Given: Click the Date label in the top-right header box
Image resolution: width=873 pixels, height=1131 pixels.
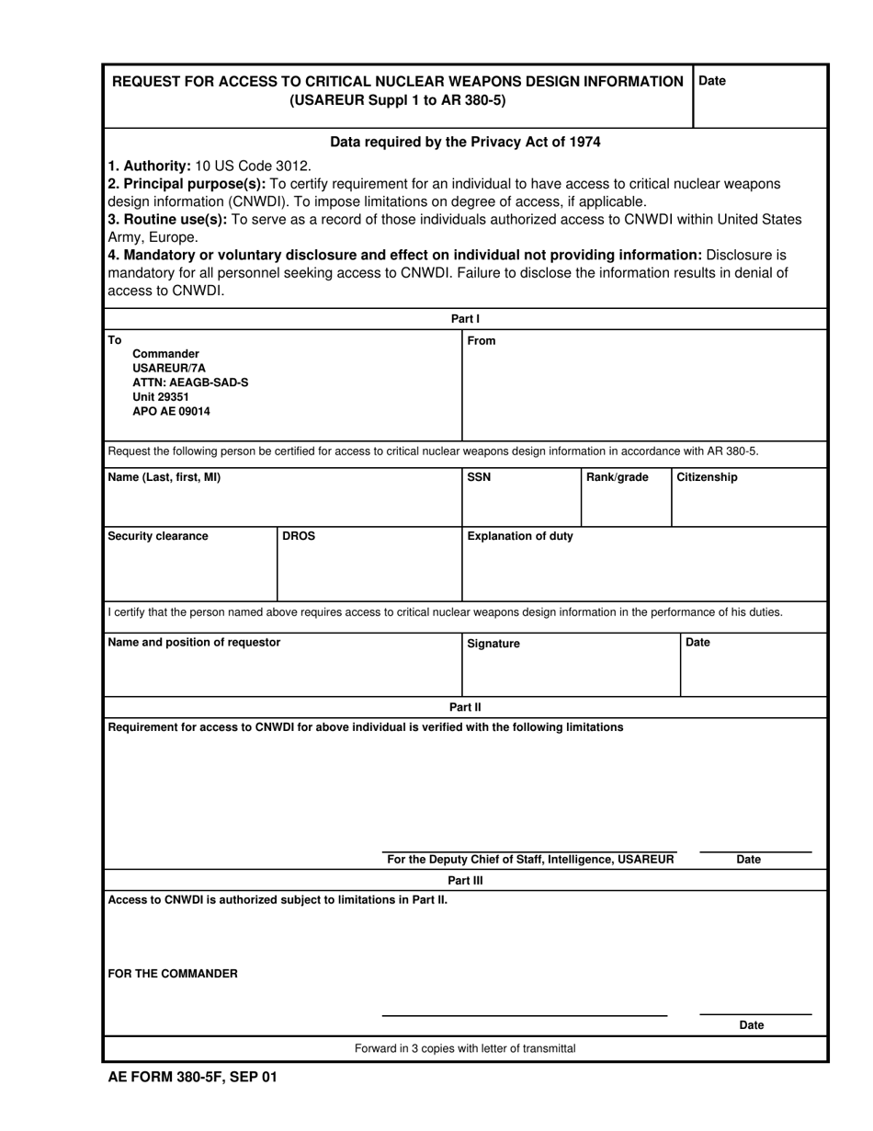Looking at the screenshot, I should [x=712, y=81].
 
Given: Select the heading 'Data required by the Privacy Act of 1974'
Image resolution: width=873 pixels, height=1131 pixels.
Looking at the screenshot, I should [x=465, y=142].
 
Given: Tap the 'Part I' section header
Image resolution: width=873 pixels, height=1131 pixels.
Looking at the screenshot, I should [x=465, y=319].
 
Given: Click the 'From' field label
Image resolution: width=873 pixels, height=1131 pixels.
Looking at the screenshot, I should [x=482, y=341].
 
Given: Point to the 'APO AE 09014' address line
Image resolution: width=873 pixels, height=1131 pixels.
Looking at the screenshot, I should [x=171, y=412].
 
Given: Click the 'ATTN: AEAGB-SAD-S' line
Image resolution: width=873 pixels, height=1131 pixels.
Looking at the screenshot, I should [x=190, y=383].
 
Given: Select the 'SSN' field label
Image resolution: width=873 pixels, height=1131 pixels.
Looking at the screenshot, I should [x=479, y=477].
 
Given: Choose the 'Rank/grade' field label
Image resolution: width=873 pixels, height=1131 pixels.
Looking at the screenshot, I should [x=617, y=477].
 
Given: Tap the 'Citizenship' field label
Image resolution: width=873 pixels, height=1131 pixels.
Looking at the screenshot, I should [x=707, y=477].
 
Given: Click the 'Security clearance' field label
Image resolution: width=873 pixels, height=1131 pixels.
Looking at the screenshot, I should [x=158, y=536].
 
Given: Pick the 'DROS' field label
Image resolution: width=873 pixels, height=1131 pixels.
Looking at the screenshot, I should [x=299, y=536].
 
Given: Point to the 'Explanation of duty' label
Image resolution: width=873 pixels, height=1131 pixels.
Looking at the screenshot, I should [x=520, y=536].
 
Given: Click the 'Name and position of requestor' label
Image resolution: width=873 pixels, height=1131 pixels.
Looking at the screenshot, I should [x=194, y=642].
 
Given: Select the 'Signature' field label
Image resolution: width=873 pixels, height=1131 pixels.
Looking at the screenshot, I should [x=493, y=644].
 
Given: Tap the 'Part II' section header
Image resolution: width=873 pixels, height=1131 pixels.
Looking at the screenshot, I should [x=465, y=707].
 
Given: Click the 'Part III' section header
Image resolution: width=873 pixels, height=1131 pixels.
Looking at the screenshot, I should [x=465, y=880].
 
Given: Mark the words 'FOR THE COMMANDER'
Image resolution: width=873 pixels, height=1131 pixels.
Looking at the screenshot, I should [x=173, y=974].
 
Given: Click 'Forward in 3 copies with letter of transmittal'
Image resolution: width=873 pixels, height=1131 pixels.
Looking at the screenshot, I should [x=465, y=1048].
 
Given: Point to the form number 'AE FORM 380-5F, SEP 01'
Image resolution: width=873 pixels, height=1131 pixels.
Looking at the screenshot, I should [x=192, y=1077].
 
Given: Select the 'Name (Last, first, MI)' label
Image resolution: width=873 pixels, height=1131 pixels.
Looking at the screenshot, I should [x=164, y=477].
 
